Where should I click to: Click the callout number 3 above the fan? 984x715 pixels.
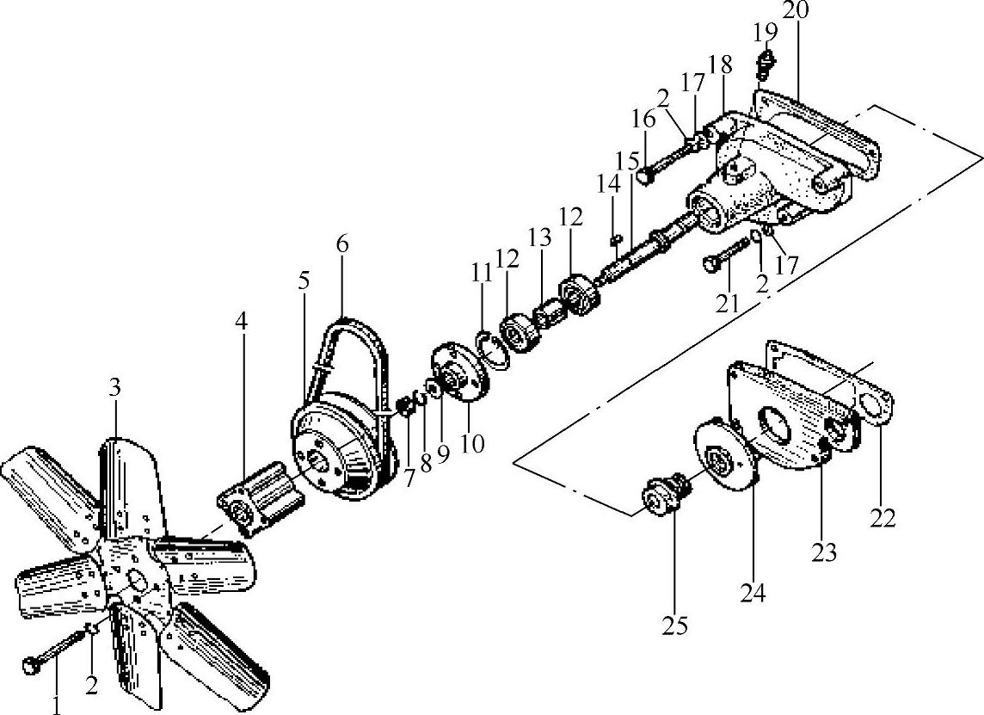coord(114,387)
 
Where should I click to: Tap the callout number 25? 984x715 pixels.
coord(675,626)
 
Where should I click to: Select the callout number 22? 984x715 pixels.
coord(883,518)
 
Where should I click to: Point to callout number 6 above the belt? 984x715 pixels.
coord(342,243)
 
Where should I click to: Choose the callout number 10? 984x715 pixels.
coord(472,443)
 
